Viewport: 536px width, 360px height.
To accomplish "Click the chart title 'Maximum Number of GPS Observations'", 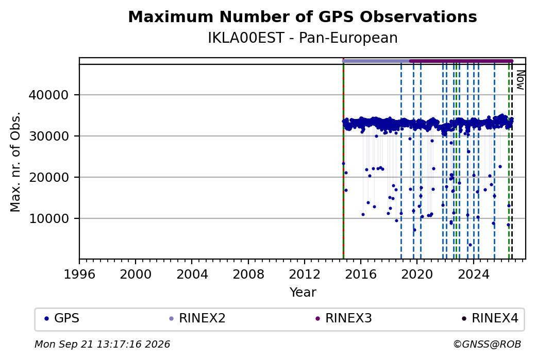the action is pyautogui.click(x=303, y=16).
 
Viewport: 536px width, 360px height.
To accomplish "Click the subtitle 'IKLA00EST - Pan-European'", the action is pyautogui.click(x=303, y=38).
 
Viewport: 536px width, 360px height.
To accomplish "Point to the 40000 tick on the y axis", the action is pyautogui.click(x=48, y=95).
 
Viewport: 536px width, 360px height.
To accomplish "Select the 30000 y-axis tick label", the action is pyautogui.click(x=48, y=136).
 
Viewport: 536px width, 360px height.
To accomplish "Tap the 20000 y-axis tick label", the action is pyautogui.click(x=48, y=177).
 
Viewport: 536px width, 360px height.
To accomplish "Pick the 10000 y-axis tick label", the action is pyautogui.click(x=48, y=218).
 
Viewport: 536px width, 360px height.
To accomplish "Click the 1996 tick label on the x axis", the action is pyautogui.click(x=79, y=275).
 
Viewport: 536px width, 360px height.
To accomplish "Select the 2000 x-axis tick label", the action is pyautogui.click(x=136, y=275).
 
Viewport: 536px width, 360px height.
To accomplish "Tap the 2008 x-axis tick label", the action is pyautogui.click(x=248, y=275).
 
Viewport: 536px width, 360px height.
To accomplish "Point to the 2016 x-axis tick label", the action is pyautogui.click(x=361, y=275).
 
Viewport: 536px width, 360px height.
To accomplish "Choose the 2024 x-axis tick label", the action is pyautogui.click(x=474, y=275).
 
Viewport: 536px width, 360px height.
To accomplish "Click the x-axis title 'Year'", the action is pyautogui.click(x=303, y=293).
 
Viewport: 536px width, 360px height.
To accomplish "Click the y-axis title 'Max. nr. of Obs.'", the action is pyautogui.click(x=15, y=162).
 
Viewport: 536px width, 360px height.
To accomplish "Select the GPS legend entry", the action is pyautogui.click(x=62, y=318).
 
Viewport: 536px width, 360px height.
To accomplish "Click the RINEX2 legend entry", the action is pyautogui.click(x=197, y=318).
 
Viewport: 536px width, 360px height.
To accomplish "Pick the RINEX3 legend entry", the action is pyautogui.click(x=344, y=318).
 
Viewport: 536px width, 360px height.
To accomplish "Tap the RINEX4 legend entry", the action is pyautogui.click(x=490, y=318).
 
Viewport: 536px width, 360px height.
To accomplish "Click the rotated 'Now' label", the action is pyautogui.click(x=520, y=80).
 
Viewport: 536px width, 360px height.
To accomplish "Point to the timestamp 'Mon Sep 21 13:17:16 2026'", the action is pyautogui.click(x=102, y=344).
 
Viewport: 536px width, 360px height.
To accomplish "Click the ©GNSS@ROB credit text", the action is pyautogui.click(x=487, y=344).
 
